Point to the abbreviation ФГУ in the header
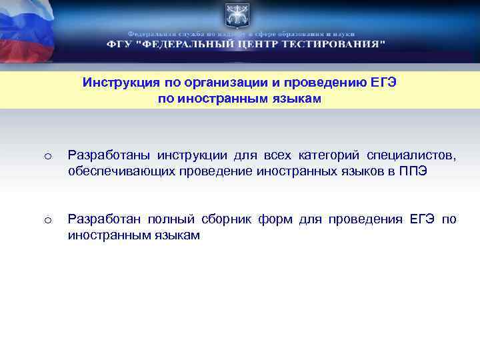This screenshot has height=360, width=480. [x=119, y=44]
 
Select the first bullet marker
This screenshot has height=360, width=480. [x=47, y=157]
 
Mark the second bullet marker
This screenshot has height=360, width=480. [x=47, y=220]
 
